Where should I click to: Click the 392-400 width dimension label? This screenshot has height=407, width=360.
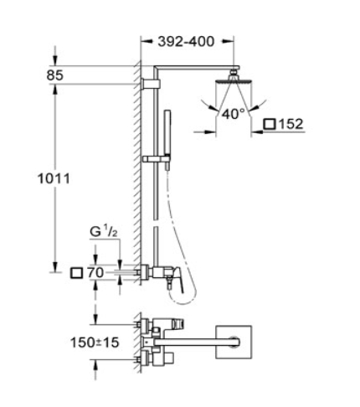(x=186, y=42)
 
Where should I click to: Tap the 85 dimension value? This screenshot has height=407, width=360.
(x=55, y=75)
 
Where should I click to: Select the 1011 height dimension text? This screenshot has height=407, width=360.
(x=54, y=178)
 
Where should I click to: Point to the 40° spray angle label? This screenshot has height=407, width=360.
(x=234, y=114)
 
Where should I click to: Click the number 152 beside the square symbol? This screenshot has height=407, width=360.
(x=291, y=124)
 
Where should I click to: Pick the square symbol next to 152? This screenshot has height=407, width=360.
(x=270, y=124)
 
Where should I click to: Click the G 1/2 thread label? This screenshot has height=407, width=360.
(x=104, y=231)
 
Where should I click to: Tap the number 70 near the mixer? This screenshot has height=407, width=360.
(x=95, y=272)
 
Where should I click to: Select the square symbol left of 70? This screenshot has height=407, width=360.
(x=77, y=273)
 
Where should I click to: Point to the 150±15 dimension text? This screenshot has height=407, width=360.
(x=95, y=343)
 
